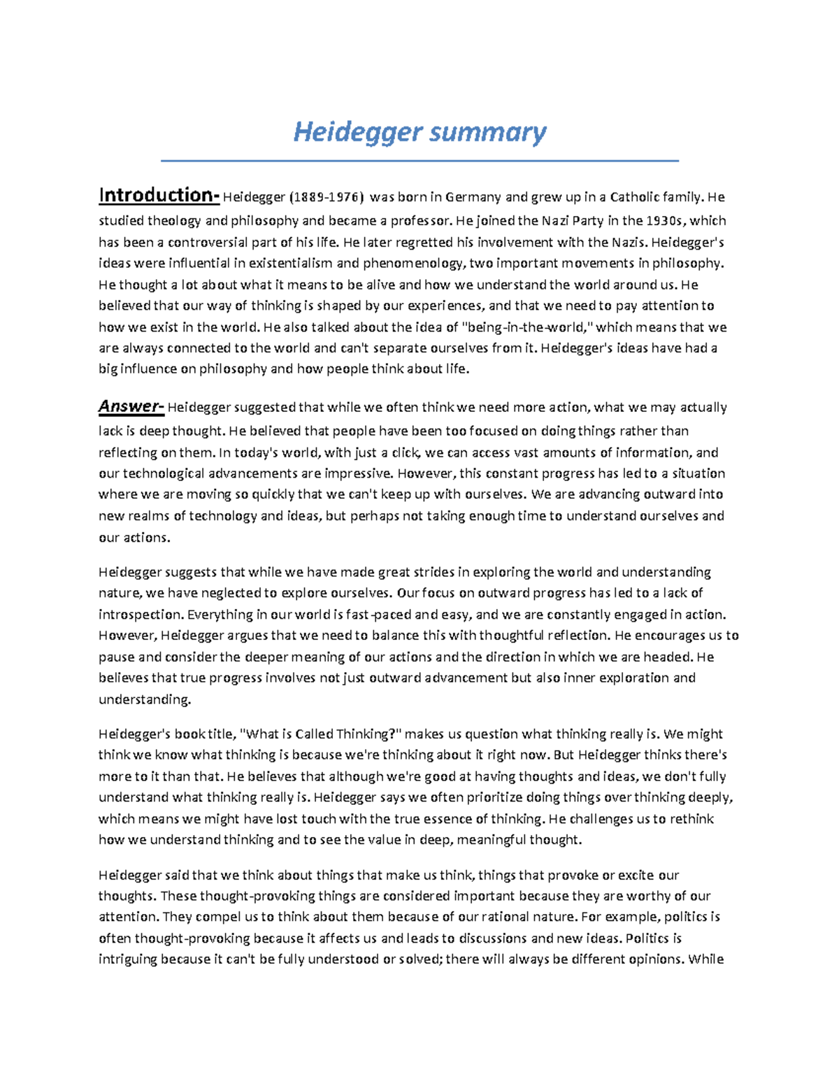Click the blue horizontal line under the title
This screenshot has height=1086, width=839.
click(x=419, y=161)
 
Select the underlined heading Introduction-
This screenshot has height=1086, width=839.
click(x=159, y=195)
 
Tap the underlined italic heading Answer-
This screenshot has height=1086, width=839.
click(x=131, y=406)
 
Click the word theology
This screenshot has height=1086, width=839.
click(x=174, y=221)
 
